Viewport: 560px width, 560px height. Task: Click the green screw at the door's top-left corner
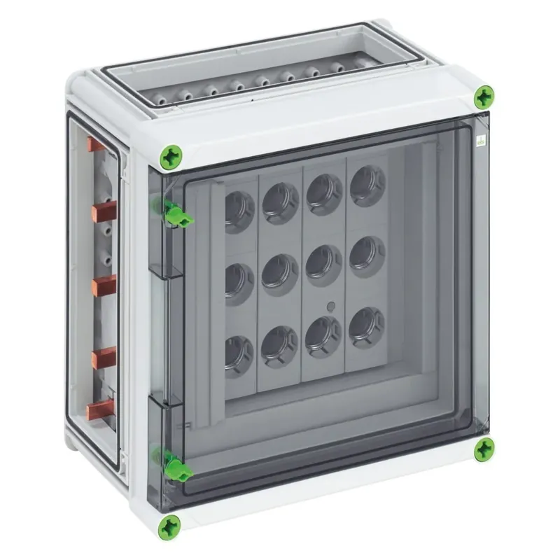point(171,156)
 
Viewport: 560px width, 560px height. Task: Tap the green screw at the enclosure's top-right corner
point(484,97)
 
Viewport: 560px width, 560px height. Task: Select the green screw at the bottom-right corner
point(484,449)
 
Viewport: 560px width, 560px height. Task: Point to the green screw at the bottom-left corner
point(170,527)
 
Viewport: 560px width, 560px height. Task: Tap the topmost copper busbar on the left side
point(95,145)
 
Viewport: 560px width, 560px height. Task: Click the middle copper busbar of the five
point(104,284)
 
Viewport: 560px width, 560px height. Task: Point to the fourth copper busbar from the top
point(104,357)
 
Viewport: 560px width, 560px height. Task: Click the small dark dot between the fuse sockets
point(331,306)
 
